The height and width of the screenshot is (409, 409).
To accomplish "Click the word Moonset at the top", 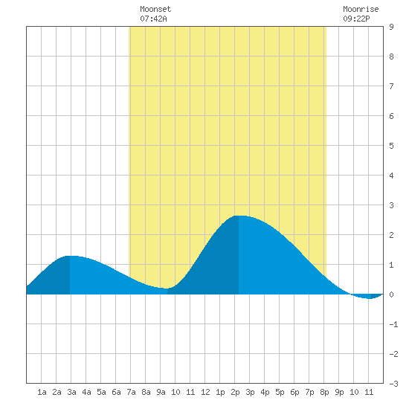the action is (x=155, y=9).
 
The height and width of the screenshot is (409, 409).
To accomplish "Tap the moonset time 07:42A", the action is (x=153, y=19).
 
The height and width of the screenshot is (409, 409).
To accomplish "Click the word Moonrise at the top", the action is (x=361, y=9).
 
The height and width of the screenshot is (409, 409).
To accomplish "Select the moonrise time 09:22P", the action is (x=356, y=19).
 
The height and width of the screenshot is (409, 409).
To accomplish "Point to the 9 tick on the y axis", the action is (x=391, y=27).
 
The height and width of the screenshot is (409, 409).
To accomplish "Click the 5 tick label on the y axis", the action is (x=391, y=146).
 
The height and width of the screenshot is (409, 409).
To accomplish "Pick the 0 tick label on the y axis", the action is (x=391, y=294).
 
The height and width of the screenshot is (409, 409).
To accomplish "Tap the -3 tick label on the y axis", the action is (x=393, y=384).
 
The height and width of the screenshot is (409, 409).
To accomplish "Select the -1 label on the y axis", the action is (x=393, y=324).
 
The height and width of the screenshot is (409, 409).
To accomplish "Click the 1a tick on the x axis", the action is (x=42, y=392).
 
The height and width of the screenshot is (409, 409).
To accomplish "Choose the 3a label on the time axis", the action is (x=71, y=392).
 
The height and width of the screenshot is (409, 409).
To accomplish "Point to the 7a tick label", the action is (x=131, y=392).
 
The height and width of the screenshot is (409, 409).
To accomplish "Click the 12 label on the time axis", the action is (x=205, y=392).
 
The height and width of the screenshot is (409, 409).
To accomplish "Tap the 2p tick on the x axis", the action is (x=235, y=392).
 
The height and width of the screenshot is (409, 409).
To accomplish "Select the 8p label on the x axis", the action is (x=324, y=392).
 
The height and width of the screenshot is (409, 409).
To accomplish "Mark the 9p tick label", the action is (x=339, y=392).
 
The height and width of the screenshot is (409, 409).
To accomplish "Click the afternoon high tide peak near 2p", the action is (x=239, y=216).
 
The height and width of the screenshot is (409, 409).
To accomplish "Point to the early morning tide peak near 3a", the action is (x=70, y=256).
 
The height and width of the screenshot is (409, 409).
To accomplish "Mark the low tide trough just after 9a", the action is (x=167, y=289).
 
